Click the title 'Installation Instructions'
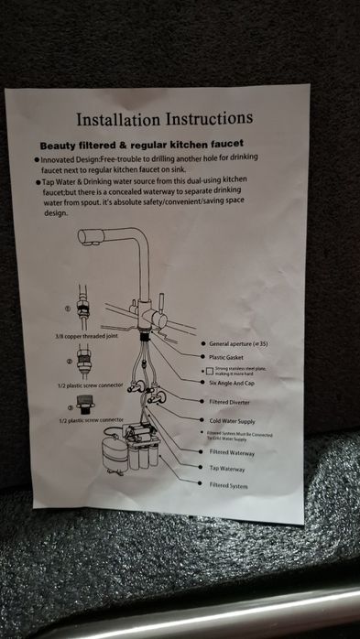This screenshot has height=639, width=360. tap(164, 119)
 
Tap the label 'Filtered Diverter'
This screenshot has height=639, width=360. tap(234, 401)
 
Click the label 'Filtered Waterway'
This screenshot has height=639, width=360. tap(234, 451)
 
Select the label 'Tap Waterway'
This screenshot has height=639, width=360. tap(228, 468)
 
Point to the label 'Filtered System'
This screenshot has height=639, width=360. tap(230, 485)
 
